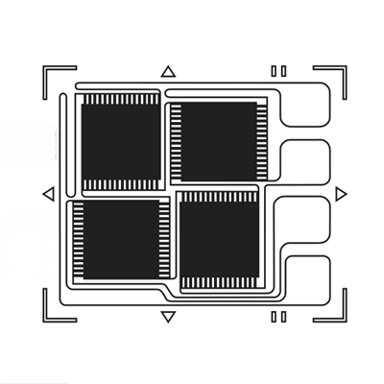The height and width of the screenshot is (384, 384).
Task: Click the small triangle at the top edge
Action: point(168,71)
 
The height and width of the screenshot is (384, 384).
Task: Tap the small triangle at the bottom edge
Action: point(168,316)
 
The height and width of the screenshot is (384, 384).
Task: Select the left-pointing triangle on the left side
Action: point(48,195)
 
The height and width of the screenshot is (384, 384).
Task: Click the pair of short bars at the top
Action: point(278,70)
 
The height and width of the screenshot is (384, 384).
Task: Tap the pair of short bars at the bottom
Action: point(278,316)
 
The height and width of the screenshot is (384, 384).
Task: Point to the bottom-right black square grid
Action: point(218,240)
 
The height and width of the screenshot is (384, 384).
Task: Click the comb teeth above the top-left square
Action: point(121,99)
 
